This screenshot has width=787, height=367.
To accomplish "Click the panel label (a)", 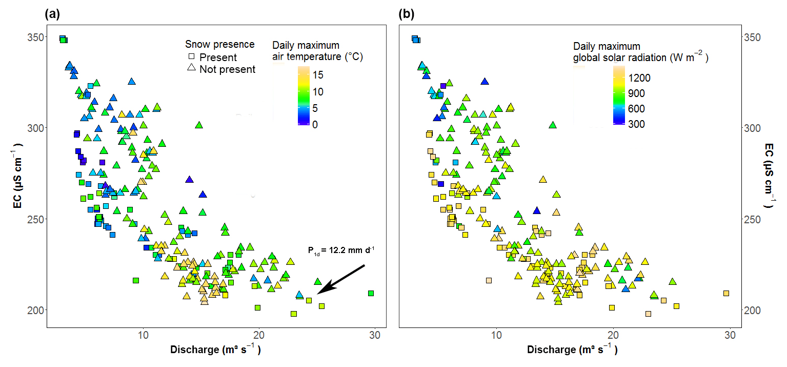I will (x=52, y=14).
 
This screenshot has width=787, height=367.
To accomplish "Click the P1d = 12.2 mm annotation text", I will (x=341, y=250).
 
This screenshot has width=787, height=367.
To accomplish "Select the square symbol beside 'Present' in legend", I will (x=192, y=57).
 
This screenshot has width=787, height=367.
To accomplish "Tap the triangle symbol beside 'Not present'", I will (x=192, y=68).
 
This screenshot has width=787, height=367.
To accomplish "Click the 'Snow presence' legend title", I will (x=219, y=45).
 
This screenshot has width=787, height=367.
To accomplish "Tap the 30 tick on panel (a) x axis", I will (x=374, y=336).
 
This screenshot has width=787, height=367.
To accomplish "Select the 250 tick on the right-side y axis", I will (x=751, y=219).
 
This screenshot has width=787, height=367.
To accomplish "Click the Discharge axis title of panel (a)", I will (x=216, y=350).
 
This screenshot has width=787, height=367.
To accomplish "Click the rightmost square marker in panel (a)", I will (x=371, y=293).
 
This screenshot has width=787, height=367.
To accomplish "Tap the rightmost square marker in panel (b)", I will (x=726, y=293).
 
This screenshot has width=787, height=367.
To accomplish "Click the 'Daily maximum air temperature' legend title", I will (x=317, y=51).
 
